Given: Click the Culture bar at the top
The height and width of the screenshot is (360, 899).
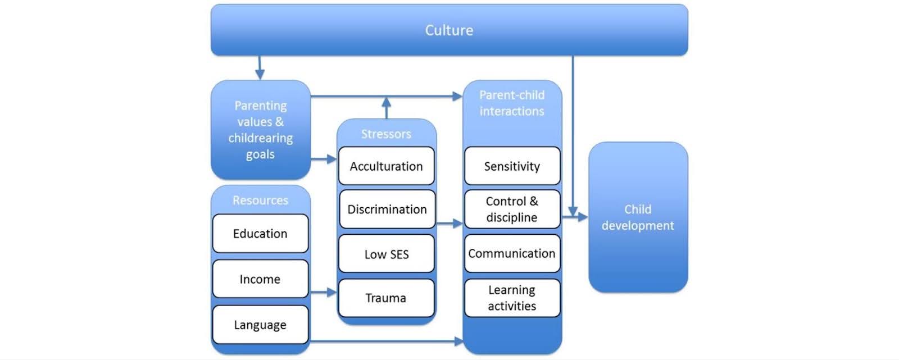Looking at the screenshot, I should [449, 30].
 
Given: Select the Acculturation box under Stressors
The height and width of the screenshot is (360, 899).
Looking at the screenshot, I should [387, 166].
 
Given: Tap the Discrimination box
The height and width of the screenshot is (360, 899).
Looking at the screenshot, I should [387, 209].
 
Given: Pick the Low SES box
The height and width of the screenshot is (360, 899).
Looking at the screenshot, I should [387, 254].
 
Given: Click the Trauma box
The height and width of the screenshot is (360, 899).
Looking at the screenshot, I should [387, 298].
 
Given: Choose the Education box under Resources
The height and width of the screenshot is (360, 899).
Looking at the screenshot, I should [260, 234].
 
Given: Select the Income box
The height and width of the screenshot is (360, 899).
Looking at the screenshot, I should [260, 279].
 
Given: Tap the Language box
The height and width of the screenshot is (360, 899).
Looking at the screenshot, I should [260, 325].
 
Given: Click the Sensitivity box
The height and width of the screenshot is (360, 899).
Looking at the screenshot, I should [512, 166].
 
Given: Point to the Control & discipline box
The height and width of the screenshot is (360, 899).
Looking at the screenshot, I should [512, 209].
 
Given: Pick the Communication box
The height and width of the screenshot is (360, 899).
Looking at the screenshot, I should [512, 254].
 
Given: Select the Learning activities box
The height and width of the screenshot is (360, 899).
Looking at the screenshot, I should [512, 298].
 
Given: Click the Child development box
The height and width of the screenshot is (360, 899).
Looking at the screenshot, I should [638, 217].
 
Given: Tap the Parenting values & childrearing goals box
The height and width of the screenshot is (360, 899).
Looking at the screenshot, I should [260, 130].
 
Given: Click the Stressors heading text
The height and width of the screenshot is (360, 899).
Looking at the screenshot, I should [386, 134].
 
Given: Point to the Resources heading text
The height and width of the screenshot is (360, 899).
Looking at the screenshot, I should [260, 200].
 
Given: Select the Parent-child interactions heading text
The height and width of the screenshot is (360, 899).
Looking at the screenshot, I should [512, 103].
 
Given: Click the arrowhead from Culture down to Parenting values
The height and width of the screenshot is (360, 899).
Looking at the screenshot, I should [260, 75].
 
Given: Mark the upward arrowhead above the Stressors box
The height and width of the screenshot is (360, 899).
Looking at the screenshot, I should [386, 102].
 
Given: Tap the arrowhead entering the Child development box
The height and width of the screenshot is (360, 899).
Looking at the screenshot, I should [583, 217].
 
